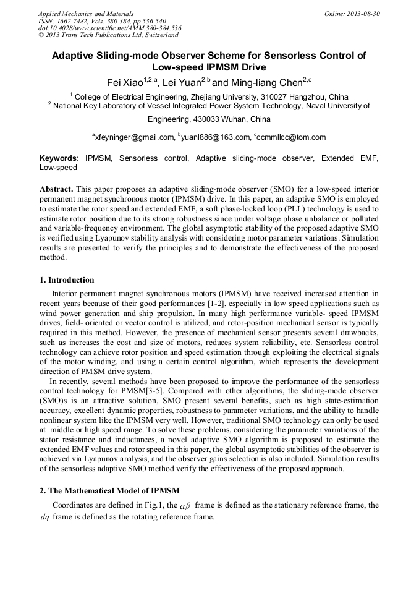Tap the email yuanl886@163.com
214,137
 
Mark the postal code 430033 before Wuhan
198,119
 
